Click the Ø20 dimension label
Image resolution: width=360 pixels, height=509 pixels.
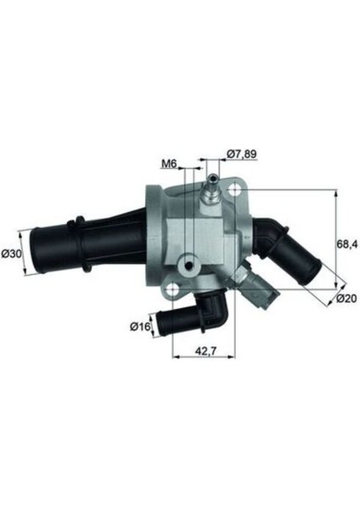344,298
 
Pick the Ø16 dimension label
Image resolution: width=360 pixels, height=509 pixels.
140,325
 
